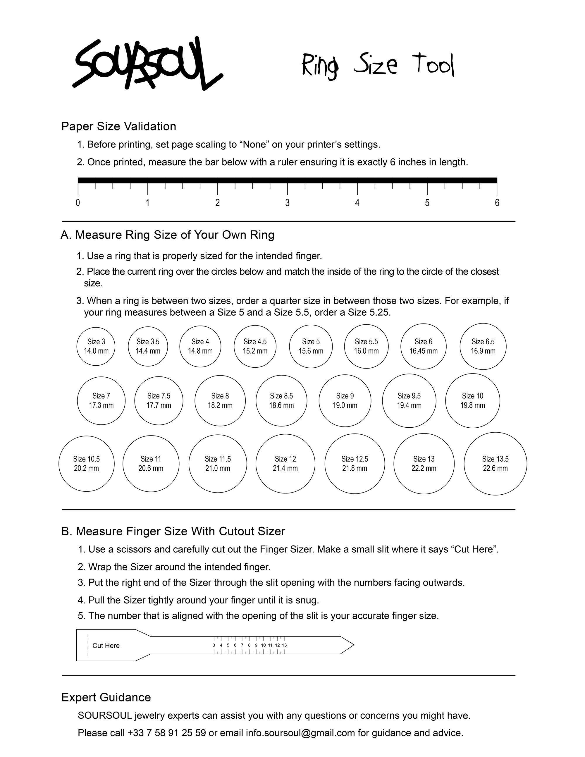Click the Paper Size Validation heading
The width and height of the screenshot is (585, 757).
tap(118, 126)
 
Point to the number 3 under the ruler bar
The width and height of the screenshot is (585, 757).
tap(287, 203)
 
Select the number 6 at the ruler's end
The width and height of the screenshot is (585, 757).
tap(497, 203)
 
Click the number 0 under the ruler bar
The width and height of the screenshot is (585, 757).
tap(78, 203)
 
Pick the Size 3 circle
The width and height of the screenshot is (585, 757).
tap(96, 346)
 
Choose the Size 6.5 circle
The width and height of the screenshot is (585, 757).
tap(483, 346)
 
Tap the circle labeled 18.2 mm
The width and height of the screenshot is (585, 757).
tap(220, 401)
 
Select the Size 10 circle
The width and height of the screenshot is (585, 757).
tap(472, 401)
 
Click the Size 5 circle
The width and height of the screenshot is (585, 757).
tap(311, 346)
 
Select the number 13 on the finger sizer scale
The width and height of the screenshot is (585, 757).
tap(284, 645)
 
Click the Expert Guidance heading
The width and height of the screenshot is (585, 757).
tap(106, 697)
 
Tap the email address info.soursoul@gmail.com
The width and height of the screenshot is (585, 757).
tap(300, 733)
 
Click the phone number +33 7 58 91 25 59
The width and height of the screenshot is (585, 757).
tap(166, 733)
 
